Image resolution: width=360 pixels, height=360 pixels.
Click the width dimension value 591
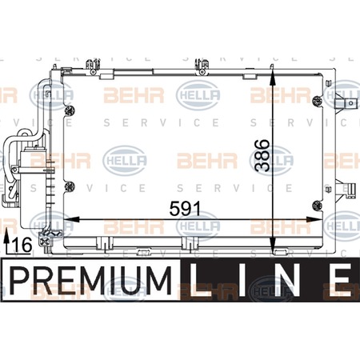[185, 209]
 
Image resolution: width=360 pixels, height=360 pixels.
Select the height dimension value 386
[262, 155]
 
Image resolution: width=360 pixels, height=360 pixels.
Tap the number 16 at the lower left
[22, 245]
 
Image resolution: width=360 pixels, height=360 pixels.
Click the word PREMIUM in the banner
[90, 281]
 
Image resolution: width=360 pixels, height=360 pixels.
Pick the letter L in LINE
[199, 281]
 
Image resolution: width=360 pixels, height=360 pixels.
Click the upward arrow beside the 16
[7, 242]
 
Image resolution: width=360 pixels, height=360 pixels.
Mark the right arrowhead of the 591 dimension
[314, 219]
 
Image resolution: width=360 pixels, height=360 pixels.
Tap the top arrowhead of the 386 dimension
[272, 78]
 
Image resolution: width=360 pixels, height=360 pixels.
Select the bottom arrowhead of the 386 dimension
[272, 245]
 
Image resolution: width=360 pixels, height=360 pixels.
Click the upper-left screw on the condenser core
[70, 110]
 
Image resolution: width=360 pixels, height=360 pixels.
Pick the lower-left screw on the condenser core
[70, 186]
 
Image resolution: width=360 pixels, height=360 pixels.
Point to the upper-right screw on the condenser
[317, 101]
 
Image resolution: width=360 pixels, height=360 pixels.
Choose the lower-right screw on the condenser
[317, 206]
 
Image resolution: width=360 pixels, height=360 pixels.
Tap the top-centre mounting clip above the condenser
[202, 67]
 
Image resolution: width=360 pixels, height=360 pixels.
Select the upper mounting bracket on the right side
[345, 102]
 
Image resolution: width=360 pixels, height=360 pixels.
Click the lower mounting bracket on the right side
[345, 189]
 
